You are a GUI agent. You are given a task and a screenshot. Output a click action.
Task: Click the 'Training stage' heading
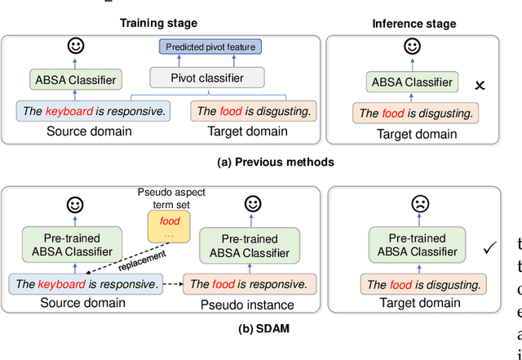[159, 23]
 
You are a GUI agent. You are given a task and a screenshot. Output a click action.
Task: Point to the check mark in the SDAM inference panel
[489, 248]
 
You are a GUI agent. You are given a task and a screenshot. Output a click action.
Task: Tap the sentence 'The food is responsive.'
[248, 284]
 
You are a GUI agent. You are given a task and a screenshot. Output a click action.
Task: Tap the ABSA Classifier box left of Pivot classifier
[76, 80]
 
